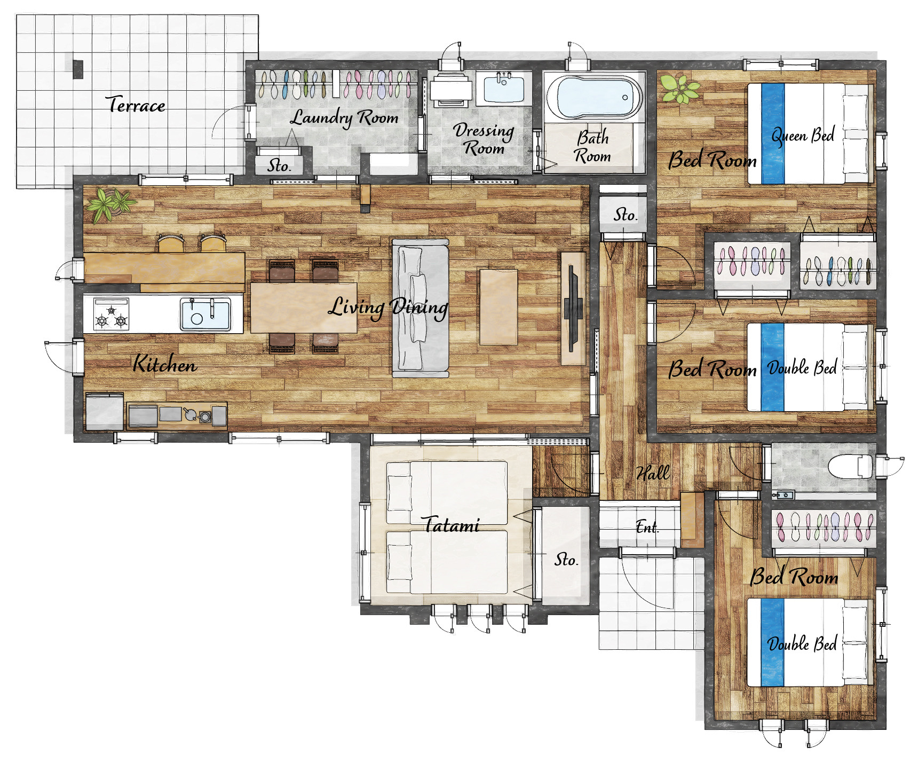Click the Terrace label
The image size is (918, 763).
click(x=136, y=105)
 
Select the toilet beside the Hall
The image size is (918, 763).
click(x=851, y=466)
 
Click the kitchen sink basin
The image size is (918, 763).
click(x=205, y=314)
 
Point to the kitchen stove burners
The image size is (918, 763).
click(x=111, y=314)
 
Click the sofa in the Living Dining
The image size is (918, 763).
click(x=421, y=308)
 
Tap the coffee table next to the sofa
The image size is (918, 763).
click(x=498, y=307)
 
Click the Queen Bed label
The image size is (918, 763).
click(x=803, y=136)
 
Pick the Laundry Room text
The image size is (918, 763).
click(x=344, y=117)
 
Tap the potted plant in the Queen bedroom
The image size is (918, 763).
click(x=679, y=89)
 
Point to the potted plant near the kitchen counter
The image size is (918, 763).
click(x=111, y=204)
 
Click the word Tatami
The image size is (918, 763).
click(x=452, y=525)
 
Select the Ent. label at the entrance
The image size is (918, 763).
click(x=647, y=528)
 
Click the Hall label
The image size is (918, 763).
click(x=653, y=473)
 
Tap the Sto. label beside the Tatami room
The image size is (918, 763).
click(x=566, y=560)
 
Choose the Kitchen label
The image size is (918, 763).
click(x=165, y=364)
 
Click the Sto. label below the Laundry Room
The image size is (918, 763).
click(x=279, y=166)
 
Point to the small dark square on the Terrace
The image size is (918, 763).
click(x=78, y=69)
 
